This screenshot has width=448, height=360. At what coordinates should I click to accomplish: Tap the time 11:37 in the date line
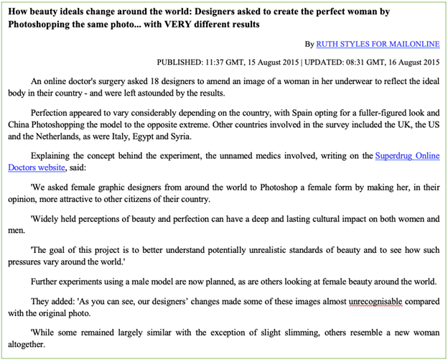tap(230, 63)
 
